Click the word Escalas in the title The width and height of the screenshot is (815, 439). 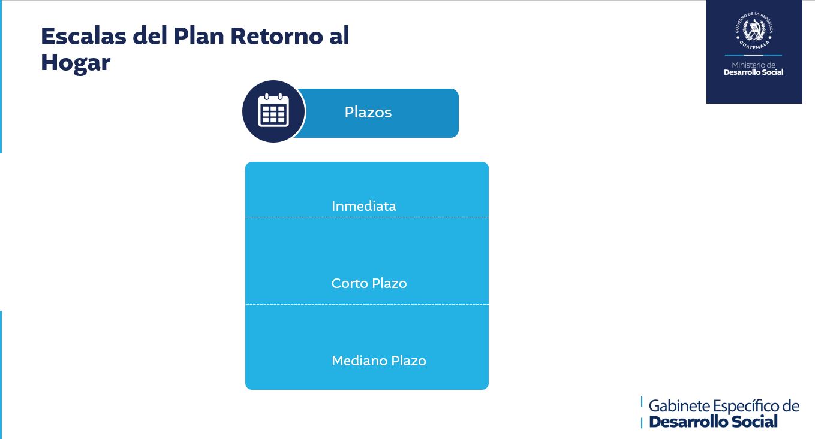(83, 36)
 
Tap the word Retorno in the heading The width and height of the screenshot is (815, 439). (276, 36)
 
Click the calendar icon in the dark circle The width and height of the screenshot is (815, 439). (273, 110)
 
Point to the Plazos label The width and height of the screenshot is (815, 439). (368, 112)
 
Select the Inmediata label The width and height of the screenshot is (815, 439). (364, 206)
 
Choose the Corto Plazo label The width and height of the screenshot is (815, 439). (369, 283)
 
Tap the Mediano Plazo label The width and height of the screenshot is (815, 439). (379, 361)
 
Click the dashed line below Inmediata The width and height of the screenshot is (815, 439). (367, 217)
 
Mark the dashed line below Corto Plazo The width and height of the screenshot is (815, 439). (367, 304)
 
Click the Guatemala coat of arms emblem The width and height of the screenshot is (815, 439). (753, 31)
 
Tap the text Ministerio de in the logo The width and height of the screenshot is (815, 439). (753, 65)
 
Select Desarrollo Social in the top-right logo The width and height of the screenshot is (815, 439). (753, 72)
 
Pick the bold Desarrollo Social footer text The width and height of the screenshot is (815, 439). (713, 422)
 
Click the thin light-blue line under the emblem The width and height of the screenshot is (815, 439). (753, 55)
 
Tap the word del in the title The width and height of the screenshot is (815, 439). (149, 36)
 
